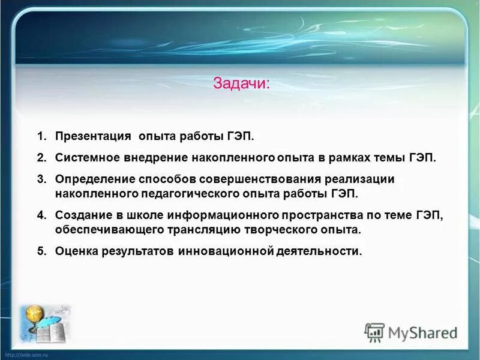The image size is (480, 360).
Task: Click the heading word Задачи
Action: click(x=241, y=83)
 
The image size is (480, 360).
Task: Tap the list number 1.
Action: click(x=41, y=137)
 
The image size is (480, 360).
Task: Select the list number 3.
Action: click(x=41, y=179)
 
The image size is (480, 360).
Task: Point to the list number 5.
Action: click(x=41, y=251)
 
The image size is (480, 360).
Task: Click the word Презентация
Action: click(x=93, y=137)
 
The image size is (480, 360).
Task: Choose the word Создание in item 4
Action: click(x=81, y=215)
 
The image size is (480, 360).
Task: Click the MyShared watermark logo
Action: click(x=411, y=332)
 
